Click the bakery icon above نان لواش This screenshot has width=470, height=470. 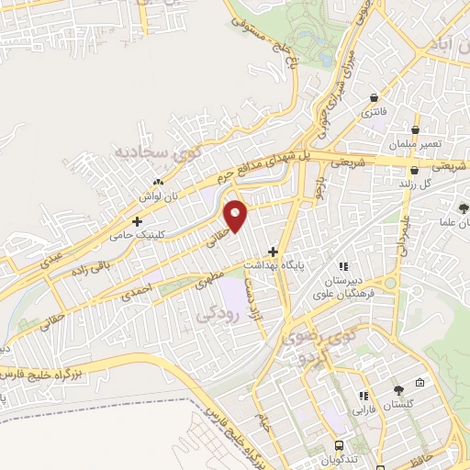click(158, 183)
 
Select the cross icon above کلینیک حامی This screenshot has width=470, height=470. click(138, 221)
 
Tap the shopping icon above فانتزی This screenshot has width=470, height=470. click(374, 98)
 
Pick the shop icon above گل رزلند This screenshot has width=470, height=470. click(415, 170)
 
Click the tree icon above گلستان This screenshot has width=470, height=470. click(397, 390)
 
